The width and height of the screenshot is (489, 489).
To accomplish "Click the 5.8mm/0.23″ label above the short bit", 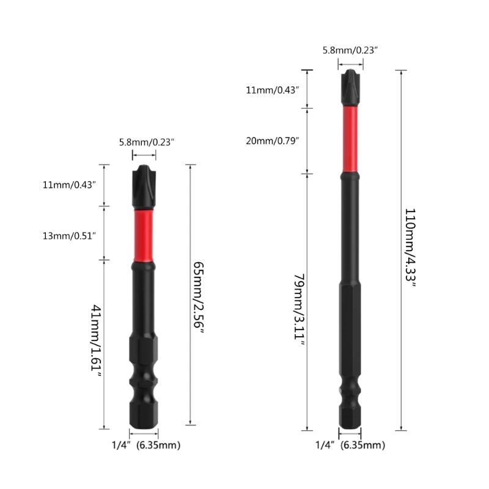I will (x=147, y=142).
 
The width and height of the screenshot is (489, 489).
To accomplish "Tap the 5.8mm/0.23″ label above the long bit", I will (x=350, y=50).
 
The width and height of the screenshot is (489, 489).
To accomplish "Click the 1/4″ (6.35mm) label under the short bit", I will (x=147, y=446).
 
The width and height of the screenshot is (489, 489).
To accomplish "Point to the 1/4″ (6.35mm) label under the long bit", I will (x=350, y=446).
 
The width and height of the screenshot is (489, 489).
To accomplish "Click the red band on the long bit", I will (x=349, y=141).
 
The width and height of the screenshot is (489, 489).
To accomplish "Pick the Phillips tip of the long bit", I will (x=349, y=89).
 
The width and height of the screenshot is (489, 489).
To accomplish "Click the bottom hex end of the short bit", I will (x=143, y=416).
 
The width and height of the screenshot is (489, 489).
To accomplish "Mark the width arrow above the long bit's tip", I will (x=350, y=63).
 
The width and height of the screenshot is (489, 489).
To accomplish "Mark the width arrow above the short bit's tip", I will (x=144, y=155).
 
